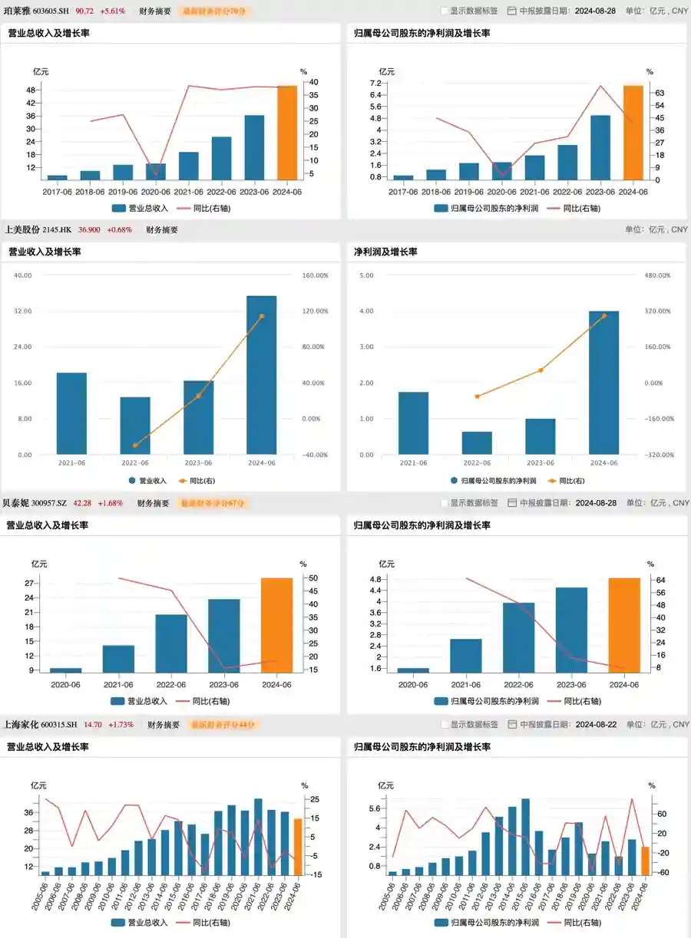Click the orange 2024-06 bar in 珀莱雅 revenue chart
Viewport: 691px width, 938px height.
click(x=286, y=133)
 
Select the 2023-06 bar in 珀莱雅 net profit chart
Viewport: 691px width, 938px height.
click(x=600, y=147)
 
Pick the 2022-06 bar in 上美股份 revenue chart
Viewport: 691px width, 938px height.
click(x=135, y=426)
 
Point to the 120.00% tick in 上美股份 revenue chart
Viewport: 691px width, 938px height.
click(x=315, y=311)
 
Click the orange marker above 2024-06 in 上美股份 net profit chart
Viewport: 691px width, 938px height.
click(x=603, y=315)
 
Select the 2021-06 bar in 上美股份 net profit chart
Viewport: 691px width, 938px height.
click(x=413, y=423)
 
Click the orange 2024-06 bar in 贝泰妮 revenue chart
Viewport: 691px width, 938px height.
click(x=276, y=625)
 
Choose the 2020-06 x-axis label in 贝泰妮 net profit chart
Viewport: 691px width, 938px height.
click(x=413, y=685)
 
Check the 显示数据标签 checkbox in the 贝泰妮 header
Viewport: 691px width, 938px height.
click(x=445, y=503)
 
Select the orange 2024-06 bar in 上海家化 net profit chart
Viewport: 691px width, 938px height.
click(x=646, y=860)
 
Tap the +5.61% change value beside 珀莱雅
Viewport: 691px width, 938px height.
click(x=112, y=12)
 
